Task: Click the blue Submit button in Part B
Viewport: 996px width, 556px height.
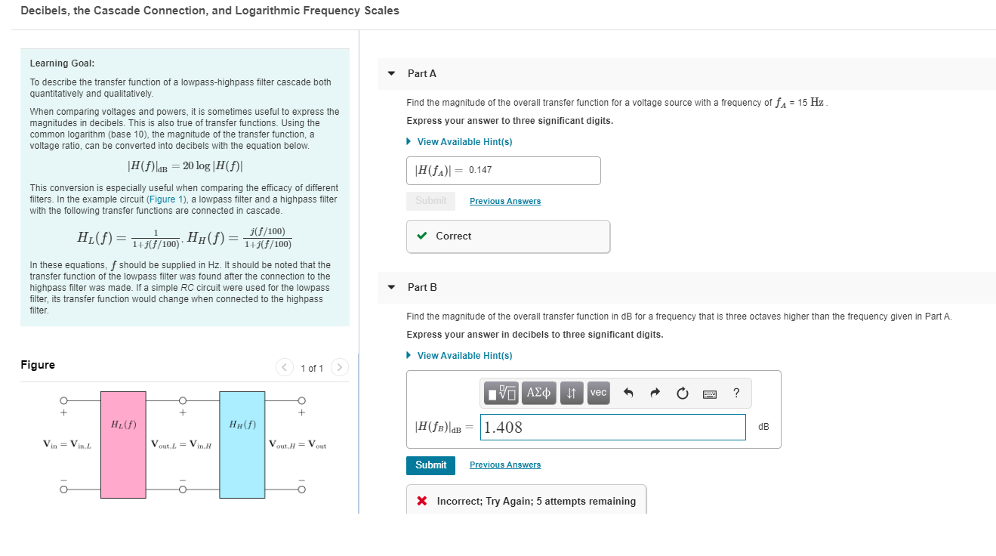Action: tap(430, 465)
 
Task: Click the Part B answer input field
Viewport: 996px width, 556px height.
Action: tap(612, 428)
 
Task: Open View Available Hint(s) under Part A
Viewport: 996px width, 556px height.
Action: tap(464, 142)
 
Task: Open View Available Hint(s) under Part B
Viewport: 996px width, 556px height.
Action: tap(464, 356)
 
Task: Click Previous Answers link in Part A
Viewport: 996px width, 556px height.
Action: tap(504, 201)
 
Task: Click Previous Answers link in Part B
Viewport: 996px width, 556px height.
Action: tap(504, 465)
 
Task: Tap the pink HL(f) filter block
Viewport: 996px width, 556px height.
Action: tap(123, 444)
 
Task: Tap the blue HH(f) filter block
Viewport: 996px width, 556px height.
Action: tap(242, 444)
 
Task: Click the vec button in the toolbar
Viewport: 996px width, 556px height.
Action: tap(598, 393)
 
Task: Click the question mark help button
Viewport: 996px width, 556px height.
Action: tap(736, 393)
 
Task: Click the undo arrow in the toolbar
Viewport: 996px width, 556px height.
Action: tap(628, 393)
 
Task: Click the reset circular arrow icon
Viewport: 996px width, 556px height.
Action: tap(683, 393)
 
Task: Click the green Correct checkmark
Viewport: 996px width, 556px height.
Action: tap(421, 236)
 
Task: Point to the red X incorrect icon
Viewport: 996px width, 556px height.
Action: tap(422, 502)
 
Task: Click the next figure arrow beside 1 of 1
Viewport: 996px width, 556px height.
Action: tap(340, 368)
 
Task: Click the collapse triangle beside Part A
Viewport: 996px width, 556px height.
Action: tap(391, 74)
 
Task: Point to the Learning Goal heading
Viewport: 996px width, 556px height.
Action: tap(62, 63)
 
